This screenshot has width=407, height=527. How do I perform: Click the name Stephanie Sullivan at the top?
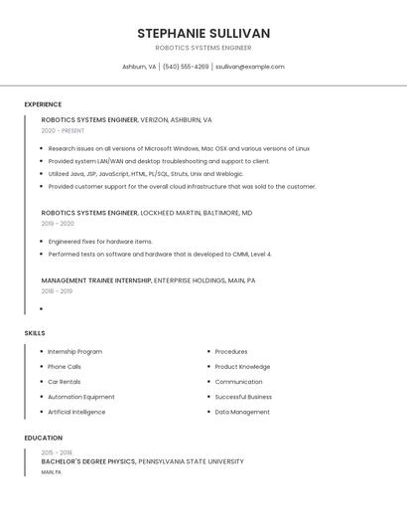[x=203, y=34]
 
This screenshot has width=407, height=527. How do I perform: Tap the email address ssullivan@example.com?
[x=250, y=67]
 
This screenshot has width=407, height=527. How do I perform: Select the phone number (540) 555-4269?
[x=186, y=67]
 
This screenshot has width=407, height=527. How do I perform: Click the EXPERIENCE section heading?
[x=43, y=104]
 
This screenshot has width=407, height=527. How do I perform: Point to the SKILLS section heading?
[x=35, y=333]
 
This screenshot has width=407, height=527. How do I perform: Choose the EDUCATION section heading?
[x=44, y=438]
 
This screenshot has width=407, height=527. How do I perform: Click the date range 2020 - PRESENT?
[x=63, y=130]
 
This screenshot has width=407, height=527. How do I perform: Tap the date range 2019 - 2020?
[x=58, y=224]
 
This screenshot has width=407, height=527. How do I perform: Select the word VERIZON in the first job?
[x=156, y=119]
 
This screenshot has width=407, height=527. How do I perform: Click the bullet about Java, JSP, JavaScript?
[x=145, y=174]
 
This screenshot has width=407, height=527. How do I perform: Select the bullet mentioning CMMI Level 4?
[x=160, y=254]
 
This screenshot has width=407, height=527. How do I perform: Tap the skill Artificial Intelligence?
[x=76, y=412]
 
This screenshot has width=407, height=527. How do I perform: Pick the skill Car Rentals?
[x=65, y=382]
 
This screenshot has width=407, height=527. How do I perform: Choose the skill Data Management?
[x=242, y=412]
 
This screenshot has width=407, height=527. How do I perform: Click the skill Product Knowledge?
[x=242, y=367]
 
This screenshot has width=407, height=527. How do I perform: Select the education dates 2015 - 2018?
[x=57, y=452]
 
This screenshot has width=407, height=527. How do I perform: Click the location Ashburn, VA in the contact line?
[x=138, y=67]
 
